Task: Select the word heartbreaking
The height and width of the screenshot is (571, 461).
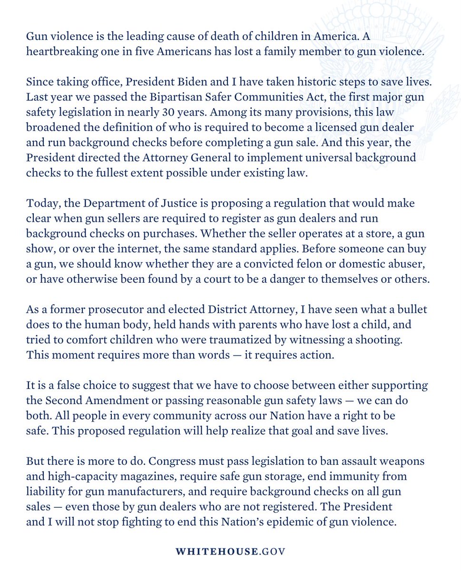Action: point(58,52)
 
